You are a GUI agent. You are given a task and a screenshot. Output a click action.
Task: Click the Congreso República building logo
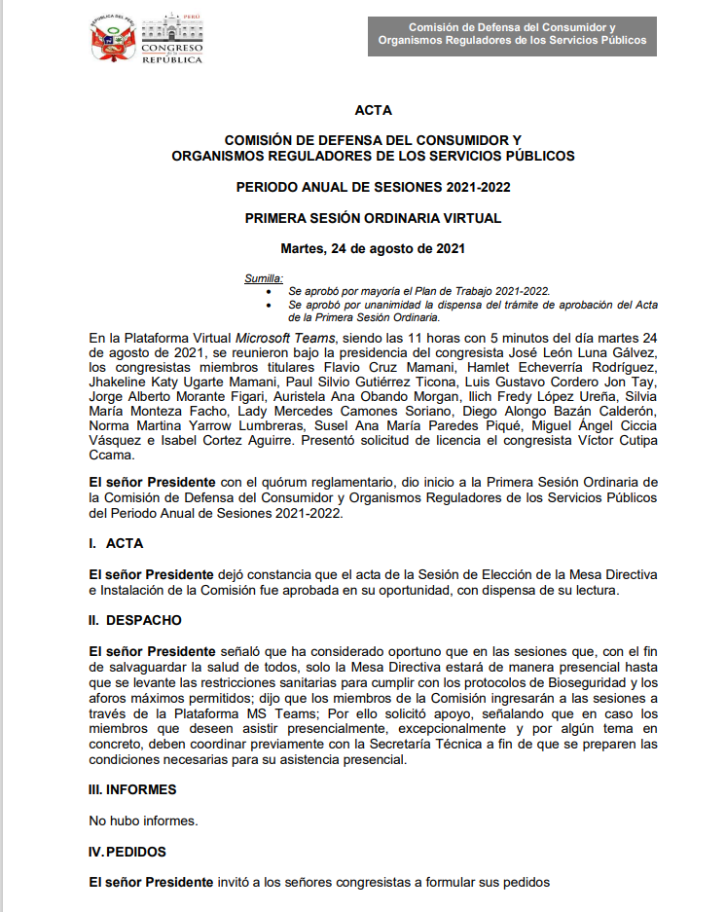(172, 40)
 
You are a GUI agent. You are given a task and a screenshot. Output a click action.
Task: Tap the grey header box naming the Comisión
(512, 34)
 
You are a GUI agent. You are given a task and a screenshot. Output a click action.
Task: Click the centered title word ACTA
(374, 111)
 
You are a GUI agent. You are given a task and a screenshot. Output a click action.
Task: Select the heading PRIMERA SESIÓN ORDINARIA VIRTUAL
(374, 218)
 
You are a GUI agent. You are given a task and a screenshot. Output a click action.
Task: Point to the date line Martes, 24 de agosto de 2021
(373, 248)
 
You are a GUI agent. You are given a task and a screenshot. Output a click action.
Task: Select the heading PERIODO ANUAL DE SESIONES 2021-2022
(374, 187)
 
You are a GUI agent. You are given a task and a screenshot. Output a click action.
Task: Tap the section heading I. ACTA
(116, 543)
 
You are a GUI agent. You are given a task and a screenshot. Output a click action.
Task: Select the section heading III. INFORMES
(132, 789)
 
